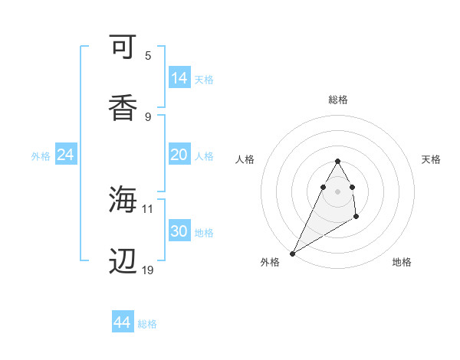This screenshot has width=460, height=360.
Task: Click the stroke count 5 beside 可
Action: (x=148, y=56)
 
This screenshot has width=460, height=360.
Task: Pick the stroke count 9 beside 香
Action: (x=148, y=116)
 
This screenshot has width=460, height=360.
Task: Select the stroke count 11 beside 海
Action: (x=148, y=208)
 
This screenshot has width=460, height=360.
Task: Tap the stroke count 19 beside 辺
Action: (x=148, y=270)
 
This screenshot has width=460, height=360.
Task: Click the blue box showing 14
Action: (x=179, y=78)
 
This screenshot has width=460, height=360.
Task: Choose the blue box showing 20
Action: (x=179, y=155)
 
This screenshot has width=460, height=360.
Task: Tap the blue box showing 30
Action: (x=179, y=231)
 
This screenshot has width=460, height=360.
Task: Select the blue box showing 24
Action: (x=66, y=155)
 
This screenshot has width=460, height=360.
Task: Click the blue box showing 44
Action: (x=123, y=322)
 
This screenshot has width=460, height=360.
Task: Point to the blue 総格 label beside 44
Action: (x=147, y=324)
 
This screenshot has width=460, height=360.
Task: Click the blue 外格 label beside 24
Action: (x=41, y=156)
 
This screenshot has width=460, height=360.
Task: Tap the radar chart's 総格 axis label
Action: (x=337, y=100)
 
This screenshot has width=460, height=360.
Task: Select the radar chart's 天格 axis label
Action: (x=432, y=159)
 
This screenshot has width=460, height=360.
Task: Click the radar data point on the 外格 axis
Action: (x=292, y=253)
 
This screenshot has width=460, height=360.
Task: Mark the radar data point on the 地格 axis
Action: (x=356, y=218)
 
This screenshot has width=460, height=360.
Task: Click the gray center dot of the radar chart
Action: (x=337, y=191)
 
